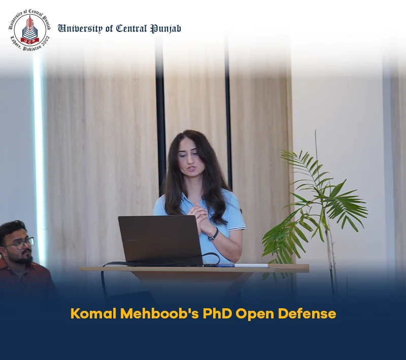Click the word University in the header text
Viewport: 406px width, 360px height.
tap(80, 28)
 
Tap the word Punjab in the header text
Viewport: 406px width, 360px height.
tap(166, 28)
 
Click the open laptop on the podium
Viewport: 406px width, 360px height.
tap(160, 241)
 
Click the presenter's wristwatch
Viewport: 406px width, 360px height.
tap(214, 234)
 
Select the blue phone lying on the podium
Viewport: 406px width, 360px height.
tap(226, 265)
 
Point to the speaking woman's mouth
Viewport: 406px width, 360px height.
tap(191, 169)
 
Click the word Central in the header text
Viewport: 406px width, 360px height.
tap(131, 28)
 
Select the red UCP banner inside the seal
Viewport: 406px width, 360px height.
tap(30, 41)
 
